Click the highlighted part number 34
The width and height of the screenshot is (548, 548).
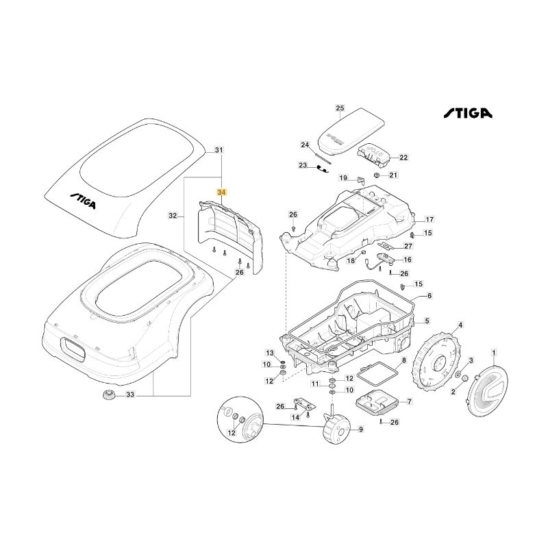(221, 193)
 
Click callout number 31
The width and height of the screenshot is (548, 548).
(219, 149)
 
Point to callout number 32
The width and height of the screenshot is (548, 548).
(173, 216)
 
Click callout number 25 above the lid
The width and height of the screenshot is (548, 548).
(340, 108)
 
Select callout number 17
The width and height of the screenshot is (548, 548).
(429, 220)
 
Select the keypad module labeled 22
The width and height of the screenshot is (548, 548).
(375, 154)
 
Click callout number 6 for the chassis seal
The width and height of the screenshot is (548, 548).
(429, 296)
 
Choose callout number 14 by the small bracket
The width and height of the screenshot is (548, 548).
(296, 417)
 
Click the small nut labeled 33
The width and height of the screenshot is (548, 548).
(108, 395)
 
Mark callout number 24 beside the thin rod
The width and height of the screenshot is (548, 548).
(306, 145)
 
